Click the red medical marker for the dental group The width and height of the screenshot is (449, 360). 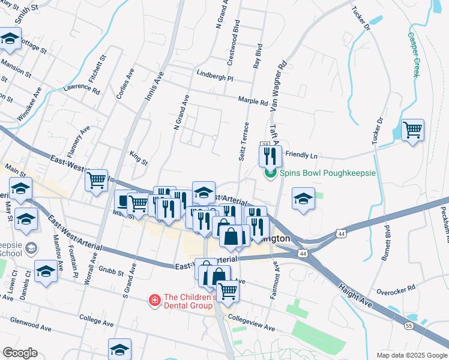pyautogui.click(x=154, y=299)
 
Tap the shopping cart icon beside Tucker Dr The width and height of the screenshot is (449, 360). pyautogui.click(x=412, y=130)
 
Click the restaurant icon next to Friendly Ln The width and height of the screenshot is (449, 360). pyautogui.click(x=270, y=157)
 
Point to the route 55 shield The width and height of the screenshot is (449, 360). pyautogui.click(x=408, y=325)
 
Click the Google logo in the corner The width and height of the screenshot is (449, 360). pyautogui.click(x=19, y=353)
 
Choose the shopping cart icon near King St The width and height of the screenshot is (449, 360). pyautogui.click(x=96, y=180)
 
